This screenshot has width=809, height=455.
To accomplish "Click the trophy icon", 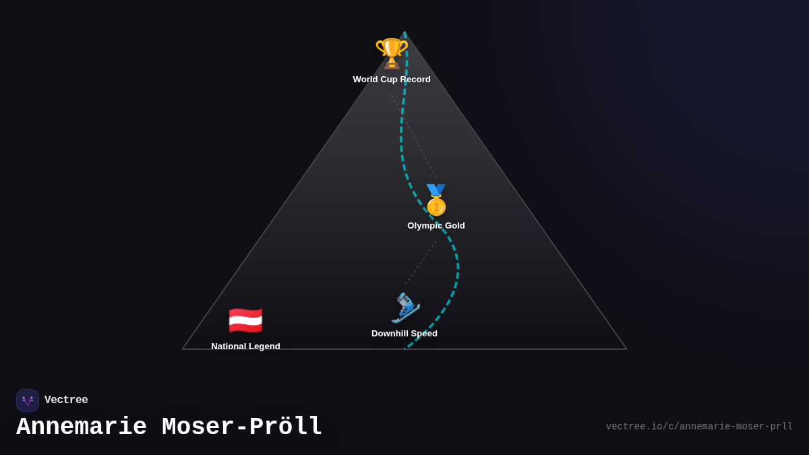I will (392, 53).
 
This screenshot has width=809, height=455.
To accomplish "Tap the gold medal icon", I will (436, 201).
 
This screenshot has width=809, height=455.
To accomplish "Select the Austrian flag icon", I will (245, 321).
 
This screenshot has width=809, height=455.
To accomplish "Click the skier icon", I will (405, 307).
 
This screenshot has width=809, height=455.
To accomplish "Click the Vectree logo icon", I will (28, 400).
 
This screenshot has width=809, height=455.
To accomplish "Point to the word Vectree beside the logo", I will (66, 400).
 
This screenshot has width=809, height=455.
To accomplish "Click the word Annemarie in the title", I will (82, 427).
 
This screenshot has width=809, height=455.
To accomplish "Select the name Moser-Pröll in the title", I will (242, 427).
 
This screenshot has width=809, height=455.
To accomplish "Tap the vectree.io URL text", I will (699, 427).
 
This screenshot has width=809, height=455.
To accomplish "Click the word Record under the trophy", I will (415, 80).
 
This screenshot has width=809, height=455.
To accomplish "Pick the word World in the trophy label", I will (366, 80).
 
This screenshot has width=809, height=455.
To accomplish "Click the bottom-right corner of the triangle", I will (626, 349).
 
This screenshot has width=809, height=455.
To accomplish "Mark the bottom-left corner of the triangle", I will (183, 349).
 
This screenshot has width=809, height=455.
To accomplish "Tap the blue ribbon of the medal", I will (436, 189).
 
